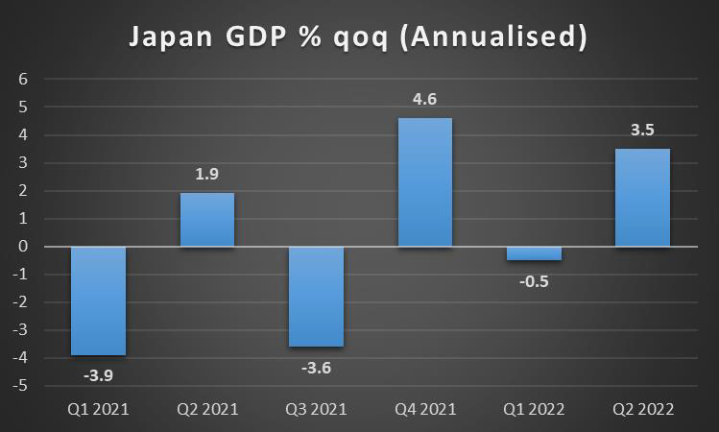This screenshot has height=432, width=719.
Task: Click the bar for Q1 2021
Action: pos(99,300)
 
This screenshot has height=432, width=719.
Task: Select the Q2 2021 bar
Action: pos(207,220)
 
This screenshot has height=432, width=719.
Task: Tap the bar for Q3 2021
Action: pos(316,297)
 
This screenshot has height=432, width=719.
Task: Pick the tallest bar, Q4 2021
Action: pos(425,182)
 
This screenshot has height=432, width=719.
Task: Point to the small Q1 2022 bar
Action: pos(534,253)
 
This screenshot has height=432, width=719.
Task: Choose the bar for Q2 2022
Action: pos(642,198)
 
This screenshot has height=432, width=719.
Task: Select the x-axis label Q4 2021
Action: pos(425,409)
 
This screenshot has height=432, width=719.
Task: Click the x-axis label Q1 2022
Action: pos(534,409)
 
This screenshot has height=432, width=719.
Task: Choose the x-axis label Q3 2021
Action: pos(316,409)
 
